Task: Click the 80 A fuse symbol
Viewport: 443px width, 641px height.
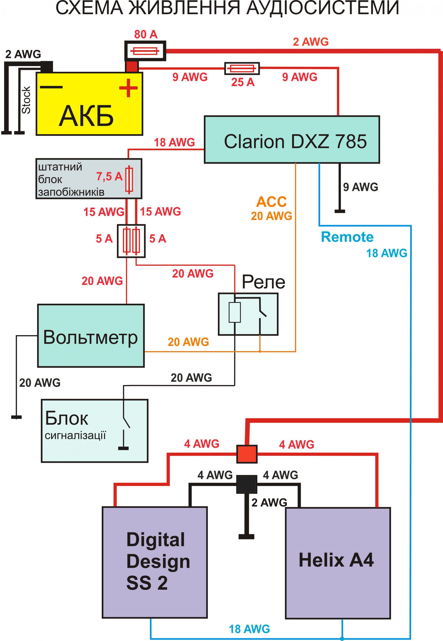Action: [145, 51]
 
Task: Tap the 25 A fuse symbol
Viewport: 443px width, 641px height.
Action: [242, 68]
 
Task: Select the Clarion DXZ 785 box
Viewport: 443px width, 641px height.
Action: [292, 139]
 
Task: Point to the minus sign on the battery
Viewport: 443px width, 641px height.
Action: [51, 87]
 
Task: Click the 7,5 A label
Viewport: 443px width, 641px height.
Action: [109, 176]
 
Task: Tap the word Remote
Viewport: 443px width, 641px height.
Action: [347, 237]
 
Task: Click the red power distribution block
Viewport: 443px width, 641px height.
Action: [247, 454]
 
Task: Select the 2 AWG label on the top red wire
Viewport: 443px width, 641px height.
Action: [311, 42]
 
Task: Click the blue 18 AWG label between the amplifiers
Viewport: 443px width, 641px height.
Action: [249, 629]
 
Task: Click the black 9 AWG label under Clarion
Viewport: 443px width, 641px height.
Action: [360, 187]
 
